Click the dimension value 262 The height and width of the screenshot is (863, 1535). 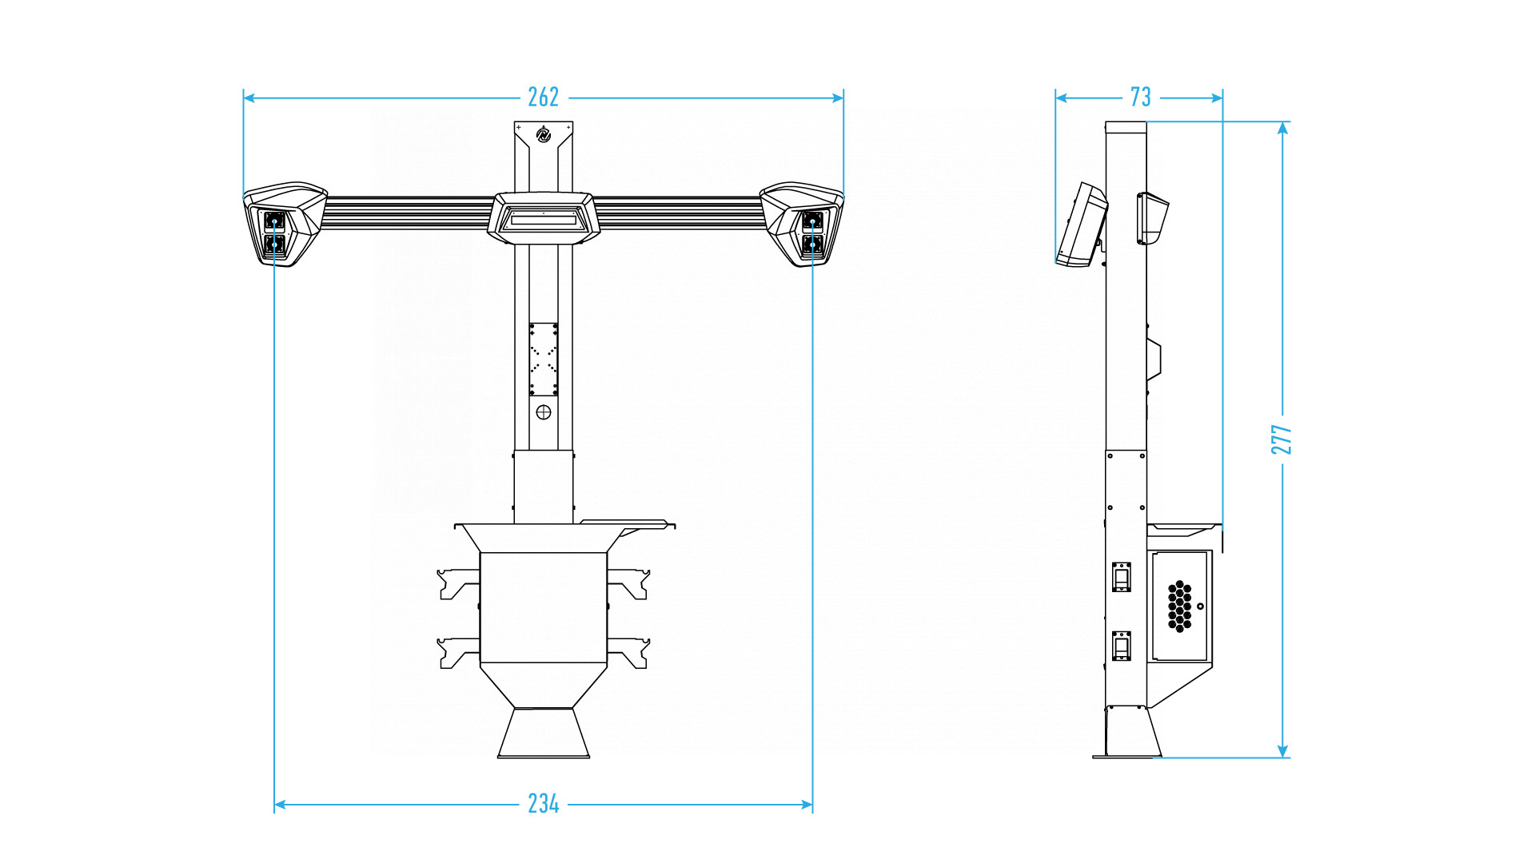tap(544, 97)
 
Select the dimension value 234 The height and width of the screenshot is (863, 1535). tap(544, 804)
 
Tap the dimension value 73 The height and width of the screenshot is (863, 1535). tap(1141, 97)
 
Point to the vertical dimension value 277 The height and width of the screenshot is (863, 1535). tap(1282, 439)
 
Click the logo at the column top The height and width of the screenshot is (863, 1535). tap(544, 135)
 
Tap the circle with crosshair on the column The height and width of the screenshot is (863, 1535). tap(544, 412)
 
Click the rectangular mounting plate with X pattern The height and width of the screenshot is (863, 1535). tap(544, 359)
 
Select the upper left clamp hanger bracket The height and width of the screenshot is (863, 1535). tap(457, 583)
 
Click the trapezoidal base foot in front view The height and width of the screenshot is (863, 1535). tap(544, 734)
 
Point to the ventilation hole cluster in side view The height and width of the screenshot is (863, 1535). tap(1179, 606)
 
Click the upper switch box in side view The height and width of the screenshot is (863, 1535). tap(1122, 577)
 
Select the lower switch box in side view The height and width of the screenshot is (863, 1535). tap(1122, 646)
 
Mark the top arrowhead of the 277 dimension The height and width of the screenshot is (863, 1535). tap(1282, 128)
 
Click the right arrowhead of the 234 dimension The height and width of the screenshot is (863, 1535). tap(807, 805)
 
